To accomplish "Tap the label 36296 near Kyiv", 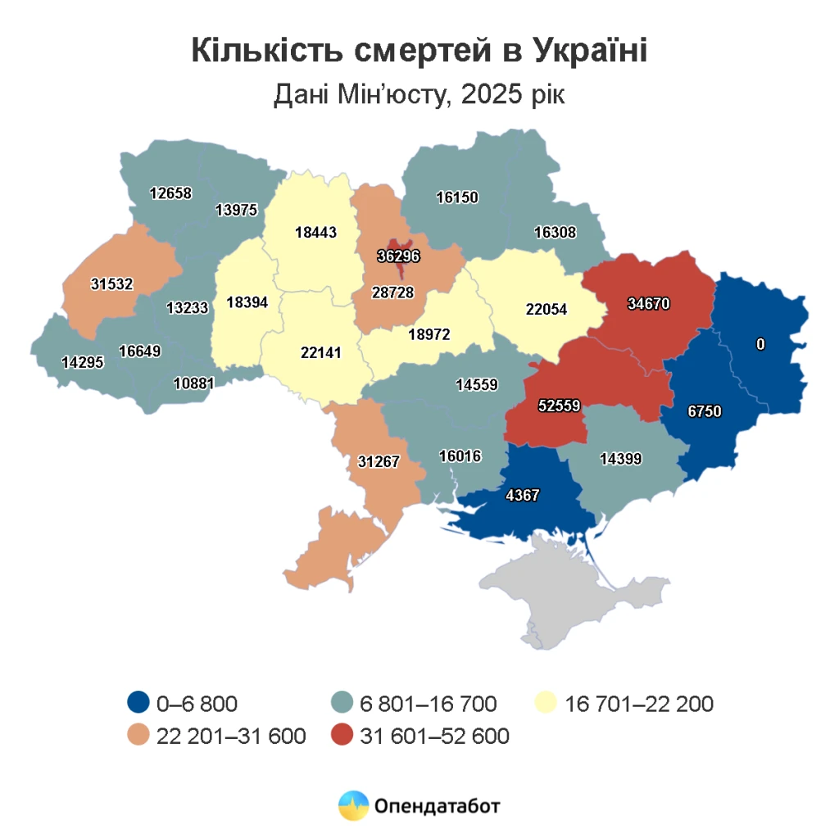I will pos(398,256).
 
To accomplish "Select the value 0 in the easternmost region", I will pos(760,345).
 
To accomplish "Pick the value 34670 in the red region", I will pos(648,304).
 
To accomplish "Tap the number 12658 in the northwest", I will pos(170,193).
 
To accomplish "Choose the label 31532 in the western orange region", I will pos(112,283).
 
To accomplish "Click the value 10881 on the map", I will pos(195,383).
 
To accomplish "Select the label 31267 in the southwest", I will pos(379,461).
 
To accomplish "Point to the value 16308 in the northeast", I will pos(555,233).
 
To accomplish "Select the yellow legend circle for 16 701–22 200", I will pos(546,703).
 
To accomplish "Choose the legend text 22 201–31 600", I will pos(231,736).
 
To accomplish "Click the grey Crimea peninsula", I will pos(574,590).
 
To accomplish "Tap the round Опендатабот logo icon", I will pos(354,805).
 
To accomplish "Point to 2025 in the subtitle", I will pos(492,95).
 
